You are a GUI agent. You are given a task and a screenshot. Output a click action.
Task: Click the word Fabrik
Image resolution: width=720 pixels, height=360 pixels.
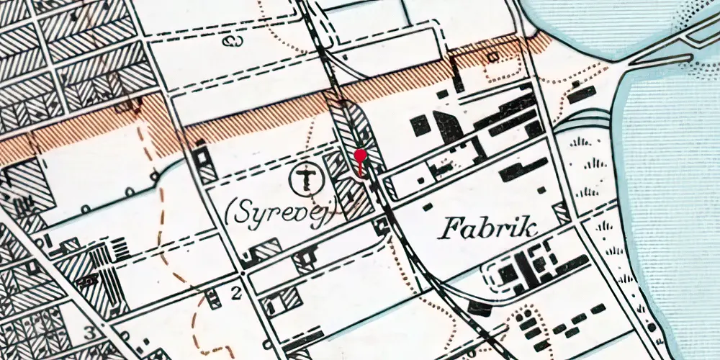[488, 230]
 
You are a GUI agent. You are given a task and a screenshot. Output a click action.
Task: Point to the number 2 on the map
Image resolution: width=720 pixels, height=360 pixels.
[235, 292]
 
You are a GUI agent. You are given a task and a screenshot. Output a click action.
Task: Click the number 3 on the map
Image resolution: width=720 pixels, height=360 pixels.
[89, 333]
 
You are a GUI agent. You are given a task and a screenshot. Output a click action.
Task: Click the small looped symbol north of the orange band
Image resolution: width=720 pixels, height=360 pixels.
[233, 40]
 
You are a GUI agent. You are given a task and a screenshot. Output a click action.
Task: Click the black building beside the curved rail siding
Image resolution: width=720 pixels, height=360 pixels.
[478, 308]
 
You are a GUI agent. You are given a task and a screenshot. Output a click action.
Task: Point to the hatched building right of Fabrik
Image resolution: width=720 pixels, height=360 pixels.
[561, 213]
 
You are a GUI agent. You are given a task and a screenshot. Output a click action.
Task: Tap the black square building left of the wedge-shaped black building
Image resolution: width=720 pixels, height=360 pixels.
[420, 126]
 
